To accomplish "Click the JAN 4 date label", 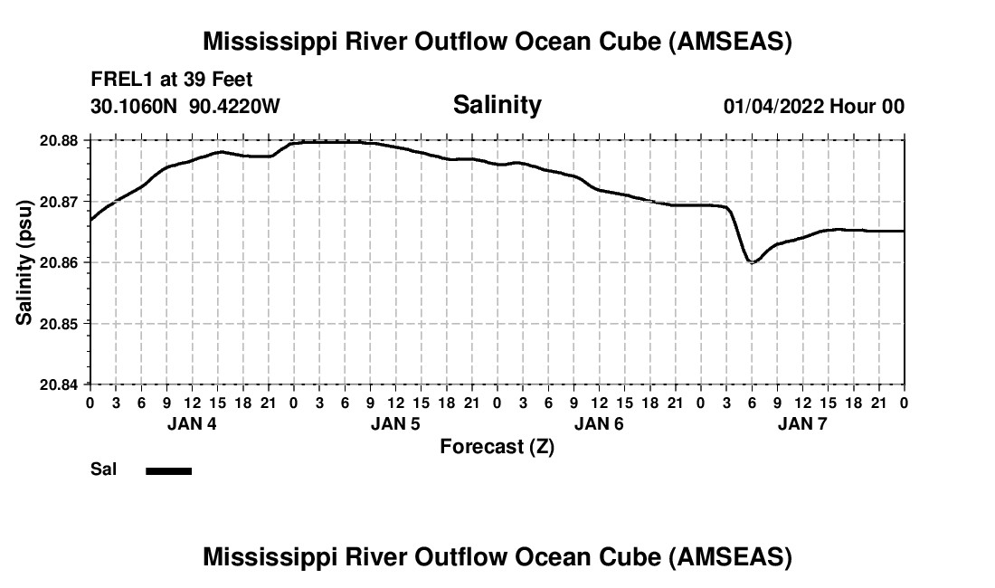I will coord(191,423).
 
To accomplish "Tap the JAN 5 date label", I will coord(394,423).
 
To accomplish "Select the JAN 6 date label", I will coord(598,423).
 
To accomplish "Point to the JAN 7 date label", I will coord(801,423).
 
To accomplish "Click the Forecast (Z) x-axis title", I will coord(497,447).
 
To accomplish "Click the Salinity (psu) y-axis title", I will coord(25,262).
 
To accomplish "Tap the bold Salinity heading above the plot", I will coord(497,105).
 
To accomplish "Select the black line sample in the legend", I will coord(168,470).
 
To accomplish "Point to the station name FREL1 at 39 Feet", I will coord(172,80).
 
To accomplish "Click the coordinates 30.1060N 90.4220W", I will coord(185,107).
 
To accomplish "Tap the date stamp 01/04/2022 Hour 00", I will coord(813,107).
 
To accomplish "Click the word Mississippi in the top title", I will coord(267,42).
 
